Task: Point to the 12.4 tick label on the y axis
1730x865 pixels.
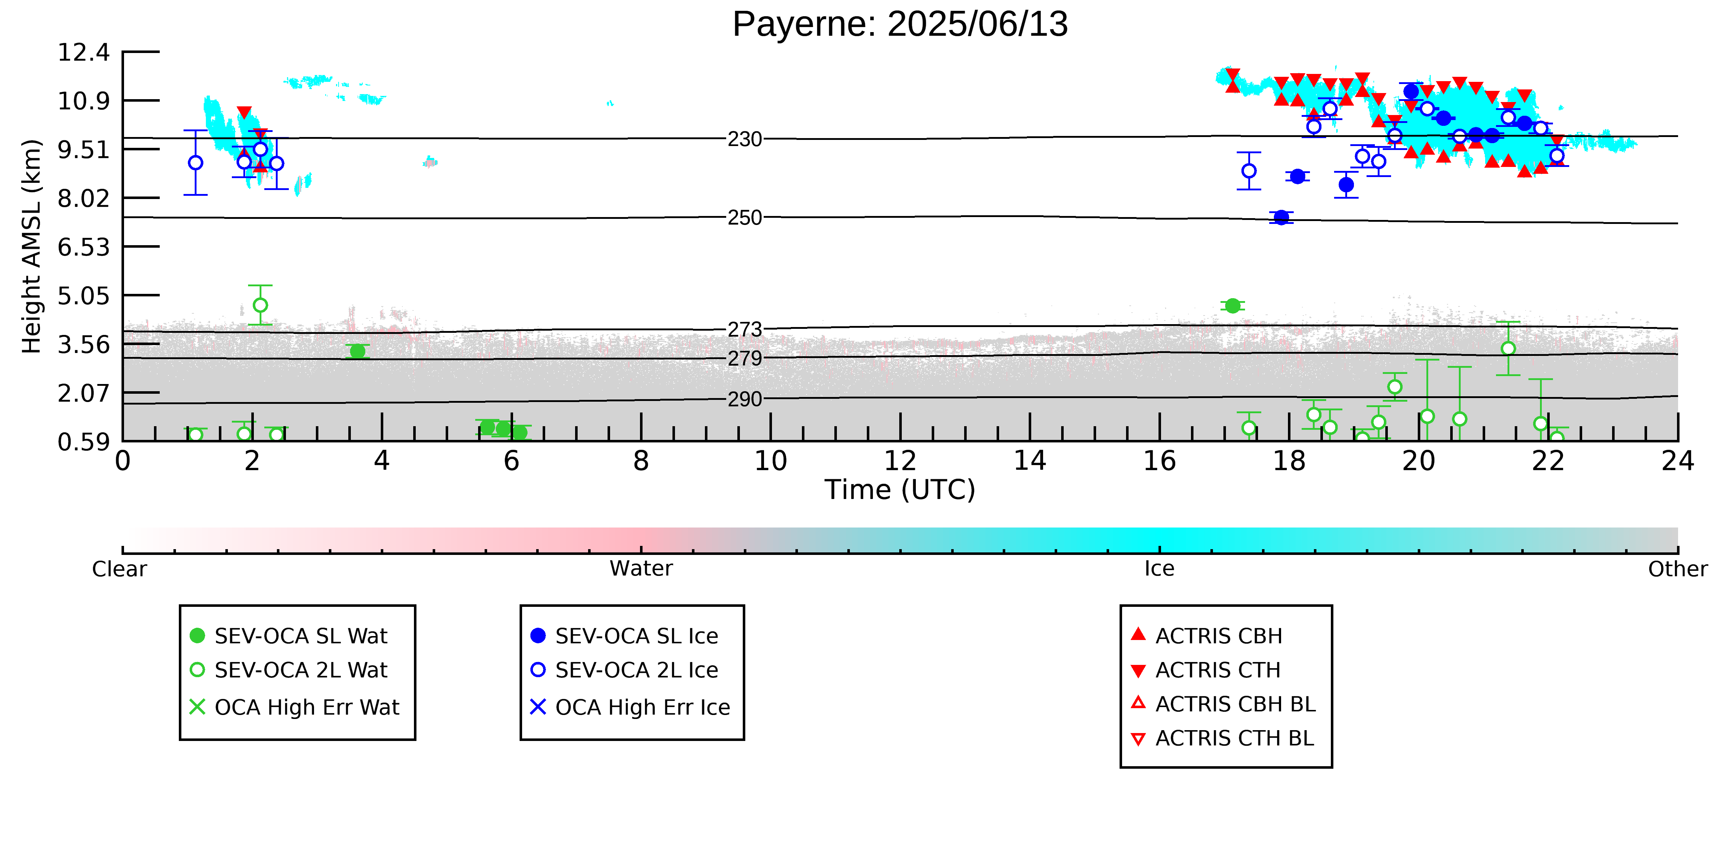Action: pos(83,52)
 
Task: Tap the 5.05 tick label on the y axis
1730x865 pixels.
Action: pos(83,296)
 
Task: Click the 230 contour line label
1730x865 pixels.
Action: pos(745,139)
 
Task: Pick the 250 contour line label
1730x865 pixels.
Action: pos(745,217)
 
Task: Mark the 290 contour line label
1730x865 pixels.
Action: pos(745,400)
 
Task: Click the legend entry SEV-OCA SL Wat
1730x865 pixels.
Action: pos(289,636)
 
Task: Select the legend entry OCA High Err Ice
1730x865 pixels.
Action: pos(630,707)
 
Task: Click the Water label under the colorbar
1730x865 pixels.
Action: pos(641,569)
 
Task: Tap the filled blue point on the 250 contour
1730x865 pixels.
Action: pos(1281,217)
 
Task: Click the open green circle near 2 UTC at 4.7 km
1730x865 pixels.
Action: pos(261,305)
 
